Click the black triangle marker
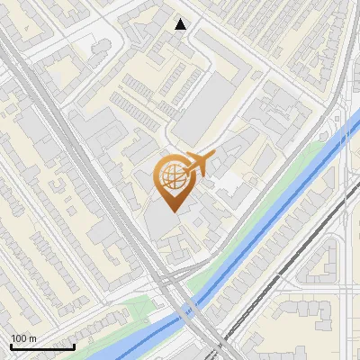coord(181,24)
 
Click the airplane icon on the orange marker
coord(198,163)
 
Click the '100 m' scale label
coord(23,338)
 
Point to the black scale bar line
coord(42,346)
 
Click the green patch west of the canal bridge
coord(135,310)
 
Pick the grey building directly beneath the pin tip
coord(162,225)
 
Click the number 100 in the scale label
coord(19,338)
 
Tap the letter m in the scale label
coord(33,339)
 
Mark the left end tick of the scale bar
coord(11,346)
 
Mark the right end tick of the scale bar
coord(75,346)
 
